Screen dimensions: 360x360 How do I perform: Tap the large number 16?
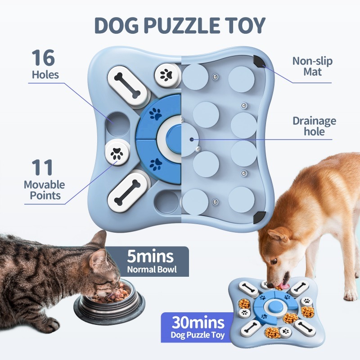coord(43,58)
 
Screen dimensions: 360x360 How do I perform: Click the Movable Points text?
coord(44,190)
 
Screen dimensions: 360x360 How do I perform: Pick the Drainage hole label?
coord(314,126)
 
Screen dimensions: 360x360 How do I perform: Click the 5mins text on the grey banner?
coord(150,256)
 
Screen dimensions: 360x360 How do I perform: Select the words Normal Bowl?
coord(150,270)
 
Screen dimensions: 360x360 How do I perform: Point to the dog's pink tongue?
coord(283,286)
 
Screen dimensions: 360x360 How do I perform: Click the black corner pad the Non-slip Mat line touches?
coord(259,62)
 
